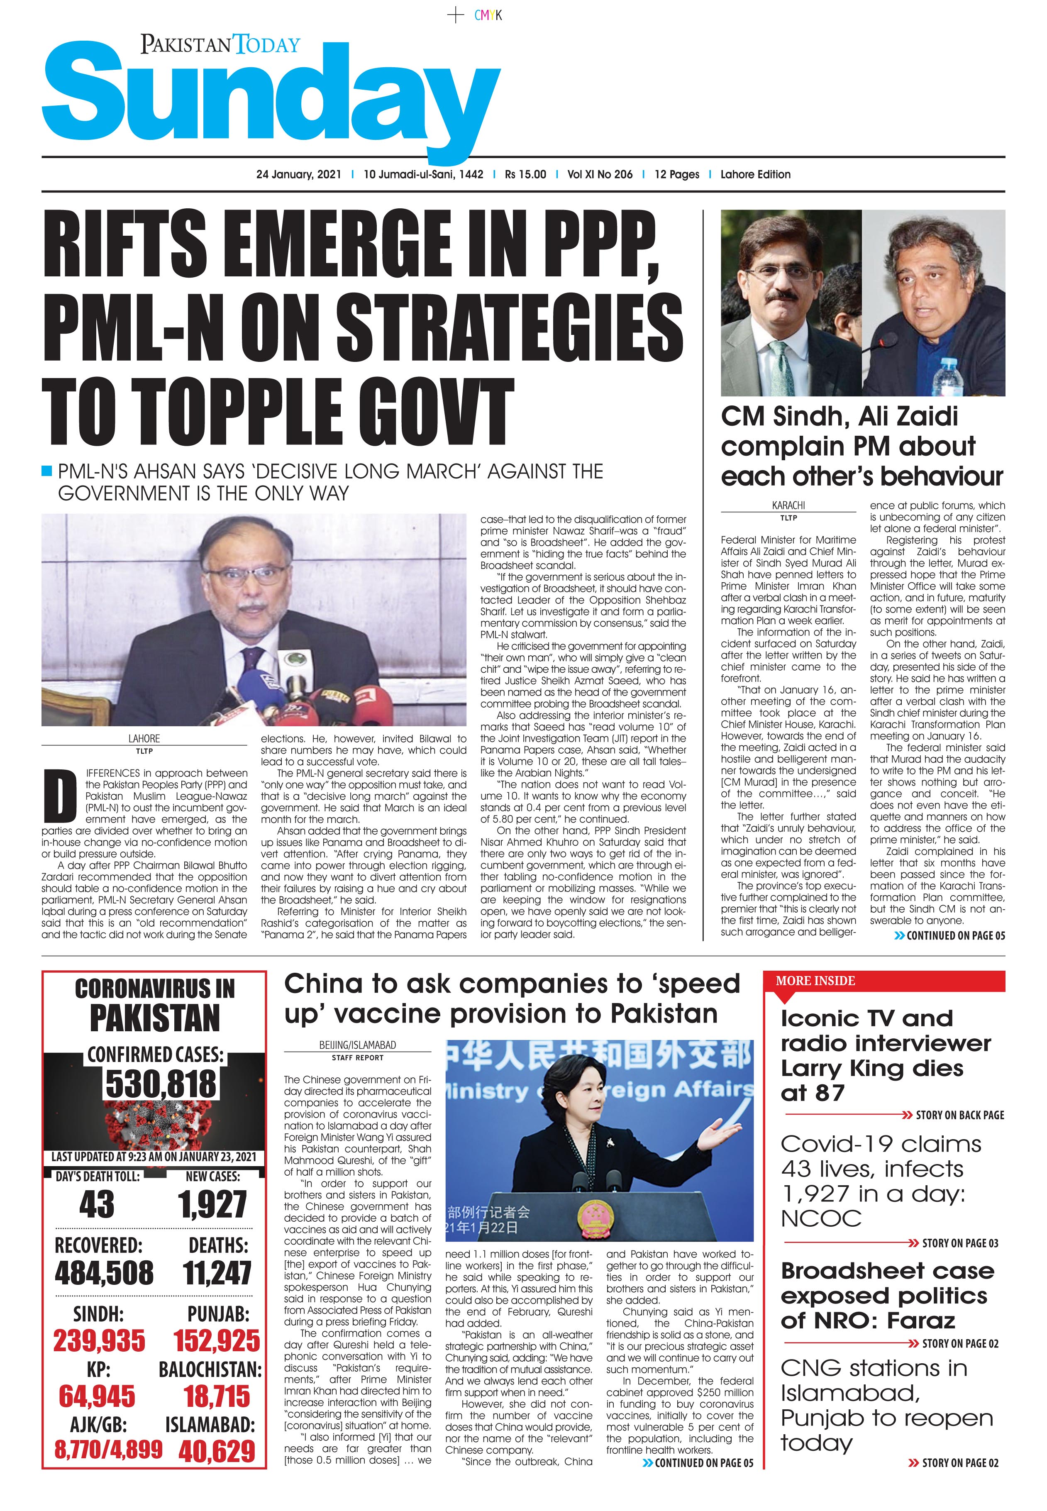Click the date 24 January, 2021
(298, 175)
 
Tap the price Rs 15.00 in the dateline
(525, 175)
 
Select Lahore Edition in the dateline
(755, 175)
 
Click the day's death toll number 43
(96, 1205)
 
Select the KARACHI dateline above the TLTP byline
(788, 506)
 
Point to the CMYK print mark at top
(488, 15)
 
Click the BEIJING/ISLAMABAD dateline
(358, 1046)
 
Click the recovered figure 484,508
(104, 1274)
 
